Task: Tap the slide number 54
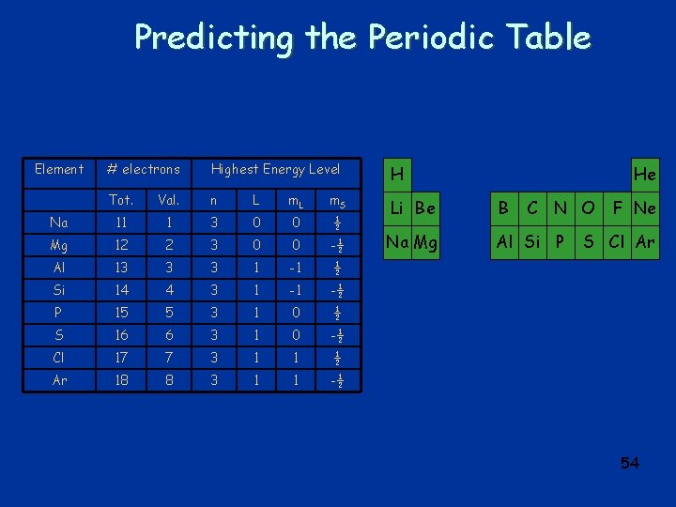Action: [629, 463]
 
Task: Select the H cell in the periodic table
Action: [397, 174]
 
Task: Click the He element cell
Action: [645, 174]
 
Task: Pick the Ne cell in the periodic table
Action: [645, 207]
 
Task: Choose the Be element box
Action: [425, 207]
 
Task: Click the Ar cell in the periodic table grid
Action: [645, 241]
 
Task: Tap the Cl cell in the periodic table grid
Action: [617, 241]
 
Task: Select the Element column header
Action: [58, 169]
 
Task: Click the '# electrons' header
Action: [143, 169]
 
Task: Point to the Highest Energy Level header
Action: [275, 169]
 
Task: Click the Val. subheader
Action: [169, 200]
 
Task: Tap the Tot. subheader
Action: [120, 200]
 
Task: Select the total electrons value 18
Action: [120, 379]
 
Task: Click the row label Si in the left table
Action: [58, 290]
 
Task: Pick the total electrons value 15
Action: [120, 313]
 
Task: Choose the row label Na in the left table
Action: [58, 223]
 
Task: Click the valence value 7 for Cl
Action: [169, 357]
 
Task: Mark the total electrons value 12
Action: [120, 245]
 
